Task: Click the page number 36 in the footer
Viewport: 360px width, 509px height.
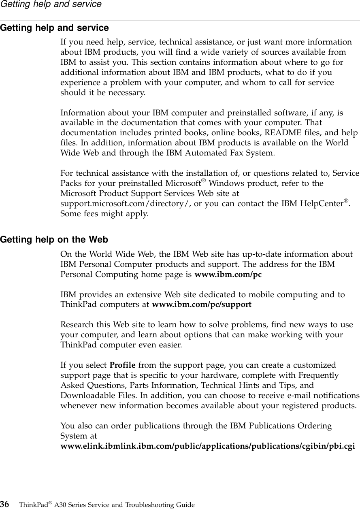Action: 5,504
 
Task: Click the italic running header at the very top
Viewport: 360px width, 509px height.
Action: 51,4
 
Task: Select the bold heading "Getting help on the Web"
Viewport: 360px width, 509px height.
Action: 54,240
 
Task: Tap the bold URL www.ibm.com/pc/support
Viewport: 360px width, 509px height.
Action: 201,305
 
